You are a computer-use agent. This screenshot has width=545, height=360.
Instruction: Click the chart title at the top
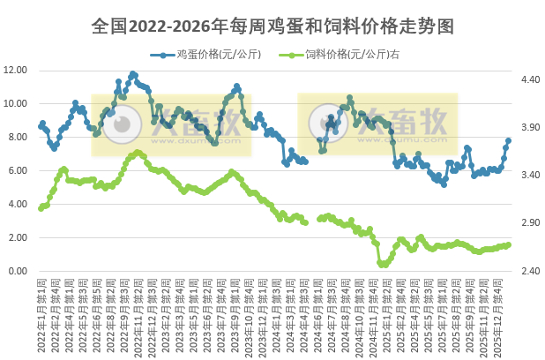point(272,26)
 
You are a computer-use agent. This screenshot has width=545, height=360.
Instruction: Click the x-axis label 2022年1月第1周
point(41,313)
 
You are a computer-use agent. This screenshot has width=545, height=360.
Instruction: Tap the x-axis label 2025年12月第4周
point(498,313)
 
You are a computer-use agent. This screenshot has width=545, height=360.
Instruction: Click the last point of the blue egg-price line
point(509,140)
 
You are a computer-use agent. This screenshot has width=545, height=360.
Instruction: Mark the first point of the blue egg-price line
point(40,127)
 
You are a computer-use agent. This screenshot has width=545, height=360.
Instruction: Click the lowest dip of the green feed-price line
point(382,264)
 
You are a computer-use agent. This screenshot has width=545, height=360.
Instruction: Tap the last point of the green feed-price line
point(509,244)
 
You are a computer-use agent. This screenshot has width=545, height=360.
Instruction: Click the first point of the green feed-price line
point(40,208)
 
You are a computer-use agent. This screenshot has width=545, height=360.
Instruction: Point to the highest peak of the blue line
point(133,74)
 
